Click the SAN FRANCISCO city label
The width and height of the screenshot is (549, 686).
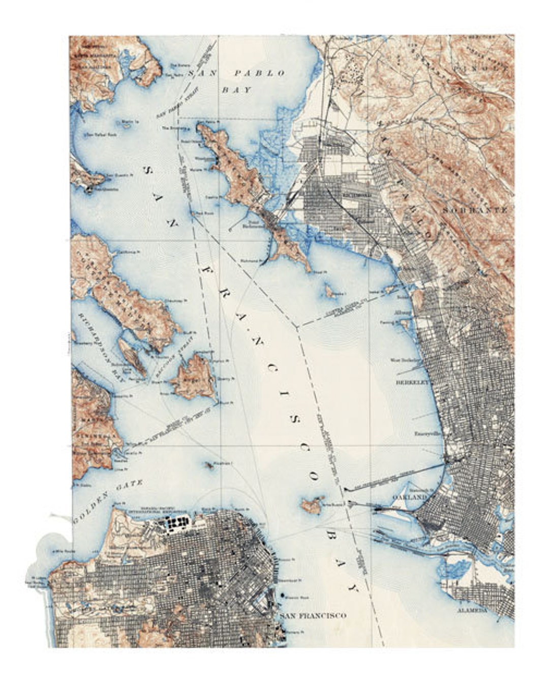pos(313,615)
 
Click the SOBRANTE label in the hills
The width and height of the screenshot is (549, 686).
pos(475,209)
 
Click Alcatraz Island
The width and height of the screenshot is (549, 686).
pos(209,464)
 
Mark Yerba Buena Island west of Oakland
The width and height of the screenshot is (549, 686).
pos(311,505)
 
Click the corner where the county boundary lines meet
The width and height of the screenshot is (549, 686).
pos(296,326)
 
